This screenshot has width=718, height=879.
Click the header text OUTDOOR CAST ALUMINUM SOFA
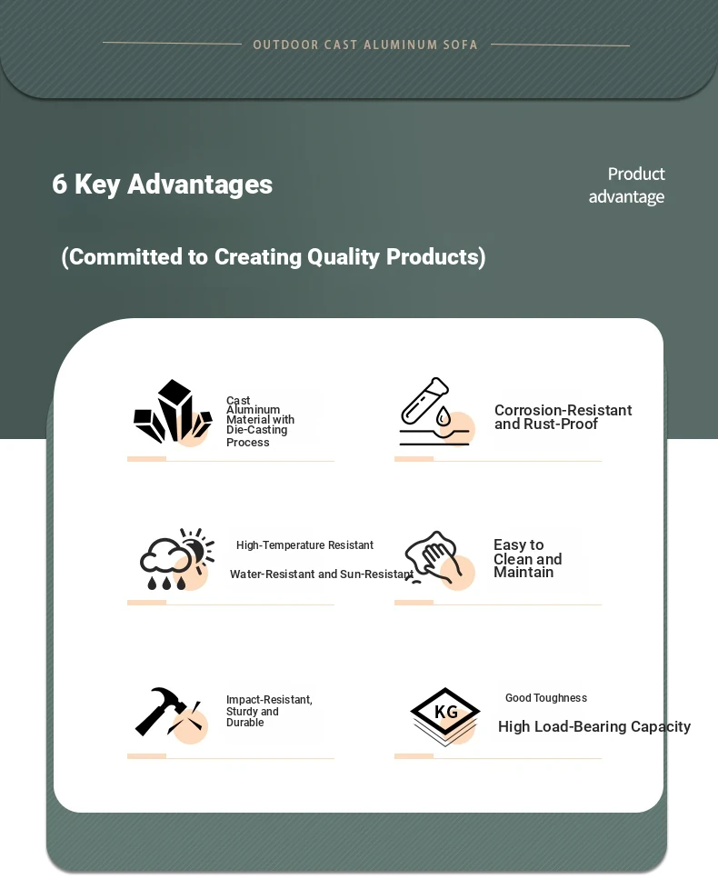point(364,45)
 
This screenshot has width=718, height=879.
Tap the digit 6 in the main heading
point(59,184)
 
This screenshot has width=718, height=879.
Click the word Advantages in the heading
point(200,185)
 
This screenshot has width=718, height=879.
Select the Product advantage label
point(626,185)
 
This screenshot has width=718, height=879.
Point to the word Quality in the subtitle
point(344,256)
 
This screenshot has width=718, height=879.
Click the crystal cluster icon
point(174,412)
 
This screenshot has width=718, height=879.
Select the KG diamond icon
point(445,715)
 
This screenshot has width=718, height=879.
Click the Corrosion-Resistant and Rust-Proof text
point(563,417)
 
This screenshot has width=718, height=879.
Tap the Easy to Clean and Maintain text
point(527,558)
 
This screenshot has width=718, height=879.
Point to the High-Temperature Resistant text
point(304,544)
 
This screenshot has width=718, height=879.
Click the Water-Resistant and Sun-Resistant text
point(322,574)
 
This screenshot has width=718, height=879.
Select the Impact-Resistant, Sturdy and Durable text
point(269,711)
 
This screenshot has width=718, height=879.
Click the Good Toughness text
point(546,698)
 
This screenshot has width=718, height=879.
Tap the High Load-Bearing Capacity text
point(594,726)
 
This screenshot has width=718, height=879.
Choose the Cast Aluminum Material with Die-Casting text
point(260,421)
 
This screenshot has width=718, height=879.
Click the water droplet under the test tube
point(444,416)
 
